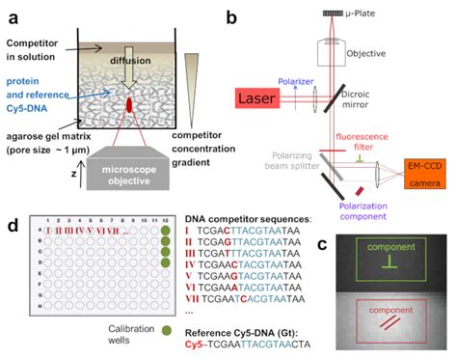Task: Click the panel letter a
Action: [11, 14]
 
